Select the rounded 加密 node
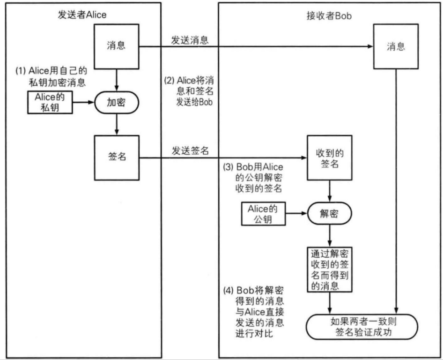click(x=116, y=103)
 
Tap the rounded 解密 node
click(x=329, y=214)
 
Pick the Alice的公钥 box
click(x=263, y=213)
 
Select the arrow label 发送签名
click(x=190, y=151)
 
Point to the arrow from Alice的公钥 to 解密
click(x=296, y=214)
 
